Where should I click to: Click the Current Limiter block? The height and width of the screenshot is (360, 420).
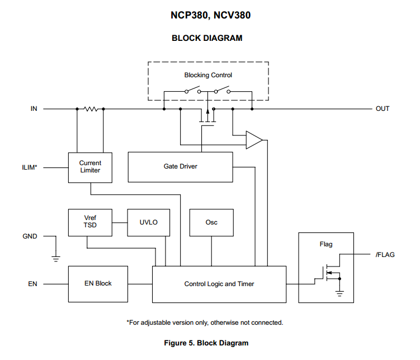[x=90, y=167]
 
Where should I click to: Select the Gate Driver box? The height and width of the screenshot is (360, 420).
[x=180, y=167]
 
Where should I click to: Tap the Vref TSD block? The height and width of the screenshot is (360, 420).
[x=90, y=223]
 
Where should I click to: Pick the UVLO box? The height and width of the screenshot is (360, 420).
[x=148, y=223]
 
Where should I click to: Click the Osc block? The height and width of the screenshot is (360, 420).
[x=211, y=223]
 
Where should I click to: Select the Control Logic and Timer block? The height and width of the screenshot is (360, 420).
[x=219, y=284]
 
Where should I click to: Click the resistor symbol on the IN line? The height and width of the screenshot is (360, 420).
[x=90, y=109]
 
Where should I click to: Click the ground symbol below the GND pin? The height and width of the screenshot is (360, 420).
[x=56, y=258]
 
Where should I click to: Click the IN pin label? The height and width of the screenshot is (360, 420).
[x=34, y=109]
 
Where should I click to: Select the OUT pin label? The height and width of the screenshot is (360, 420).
[x=383, y=109]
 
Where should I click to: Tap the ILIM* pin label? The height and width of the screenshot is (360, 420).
[x=29, y=167]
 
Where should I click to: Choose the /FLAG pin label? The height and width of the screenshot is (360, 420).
[x=385, y=255]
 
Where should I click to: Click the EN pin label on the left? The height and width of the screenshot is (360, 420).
[x=33, y=284]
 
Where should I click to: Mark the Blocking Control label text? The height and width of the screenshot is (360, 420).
[x=208, y=75]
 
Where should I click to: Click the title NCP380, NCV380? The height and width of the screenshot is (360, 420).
[x=210, y=16]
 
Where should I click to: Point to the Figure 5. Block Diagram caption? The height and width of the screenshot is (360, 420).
[x=210, y=343]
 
